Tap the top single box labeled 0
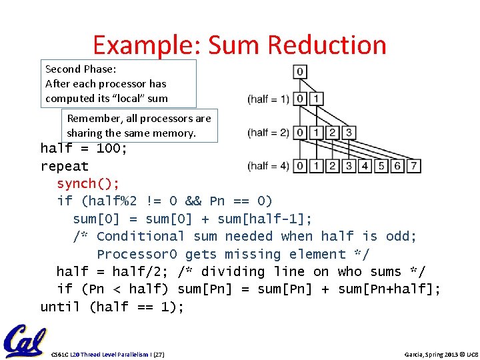click(x=300, y=71)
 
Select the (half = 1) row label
click(x=269, y=99)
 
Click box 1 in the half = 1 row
click(x=317, y=99)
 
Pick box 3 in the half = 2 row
click(x=348, y=133)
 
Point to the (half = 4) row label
click(x=269, y=165)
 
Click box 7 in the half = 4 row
click(x=413, y=165)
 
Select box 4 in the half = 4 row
click(x=365, y=165)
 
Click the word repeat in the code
click(x=65, y=166)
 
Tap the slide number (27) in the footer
click(x=159, y=354)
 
